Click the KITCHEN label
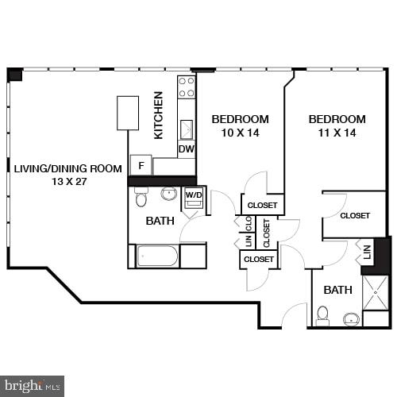coord(159,115)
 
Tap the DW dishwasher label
coord(186,148)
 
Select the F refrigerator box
coord(141,166)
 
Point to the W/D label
coord(194,194)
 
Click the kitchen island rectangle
coord(128,113)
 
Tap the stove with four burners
coord(187,87)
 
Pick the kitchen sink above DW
coord(187,129)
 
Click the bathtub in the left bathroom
coord(157,256)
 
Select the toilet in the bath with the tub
coord(141,197)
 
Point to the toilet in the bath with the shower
coord(323,315)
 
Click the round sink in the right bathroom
coord(351,319)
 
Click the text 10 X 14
coord(240,133)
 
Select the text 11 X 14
coord(337,133)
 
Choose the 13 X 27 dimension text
coord(67,182)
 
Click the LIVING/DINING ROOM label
coord(68,168)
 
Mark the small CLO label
coord(249,222)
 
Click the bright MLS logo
coord(33,385)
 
